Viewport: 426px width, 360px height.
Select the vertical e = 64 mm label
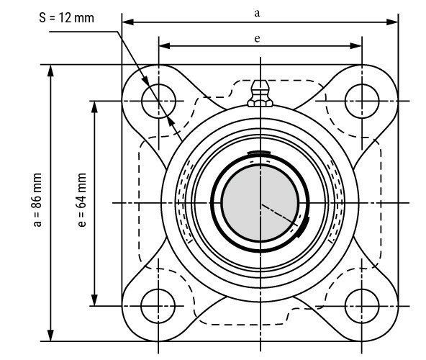(x=81, y=202)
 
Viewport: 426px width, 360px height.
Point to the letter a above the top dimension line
(x=258, y=12)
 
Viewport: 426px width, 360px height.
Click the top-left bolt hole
(x=158, y=100)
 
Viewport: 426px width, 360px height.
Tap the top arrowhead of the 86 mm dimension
(x=51, y=71)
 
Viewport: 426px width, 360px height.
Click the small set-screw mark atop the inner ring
(x=258, y=153)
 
